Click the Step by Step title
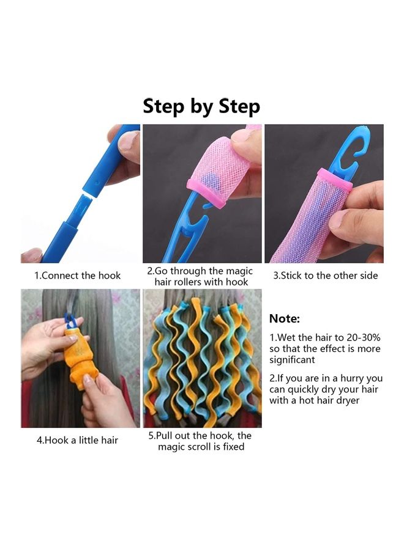click(201, 106)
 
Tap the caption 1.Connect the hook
click(77, 276)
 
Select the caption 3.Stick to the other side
click(325, 276)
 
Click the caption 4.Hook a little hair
click(77, 441)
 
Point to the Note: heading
click(285, 318)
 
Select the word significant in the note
click(292, 360)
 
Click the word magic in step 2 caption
click(239, 271)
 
